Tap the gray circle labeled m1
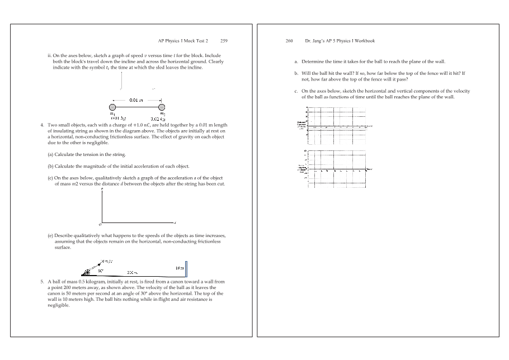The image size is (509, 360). tap(113, 107)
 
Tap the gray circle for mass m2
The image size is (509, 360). tap(162, 107)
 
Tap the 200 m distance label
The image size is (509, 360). tap(133, 273)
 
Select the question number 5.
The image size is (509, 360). tap(43, 281)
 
